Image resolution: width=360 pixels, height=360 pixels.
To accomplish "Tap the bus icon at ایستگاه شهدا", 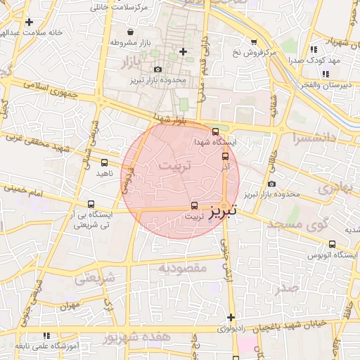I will pos(215,131).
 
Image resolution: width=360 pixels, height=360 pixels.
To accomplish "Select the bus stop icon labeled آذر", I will pos(225,157).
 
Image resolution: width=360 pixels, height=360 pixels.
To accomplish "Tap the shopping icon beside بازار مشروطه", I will pos(130,32).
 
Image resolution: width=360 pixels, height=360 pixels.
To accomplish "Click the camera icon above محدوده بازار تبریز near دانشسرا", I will pos(272,184).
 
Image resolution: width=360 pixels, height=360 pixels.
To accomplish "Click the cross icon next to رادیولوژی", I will pos(230,317).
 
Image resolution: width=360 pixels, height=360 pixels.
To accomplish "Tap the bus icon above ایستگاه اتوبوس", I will pos(332,244).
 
